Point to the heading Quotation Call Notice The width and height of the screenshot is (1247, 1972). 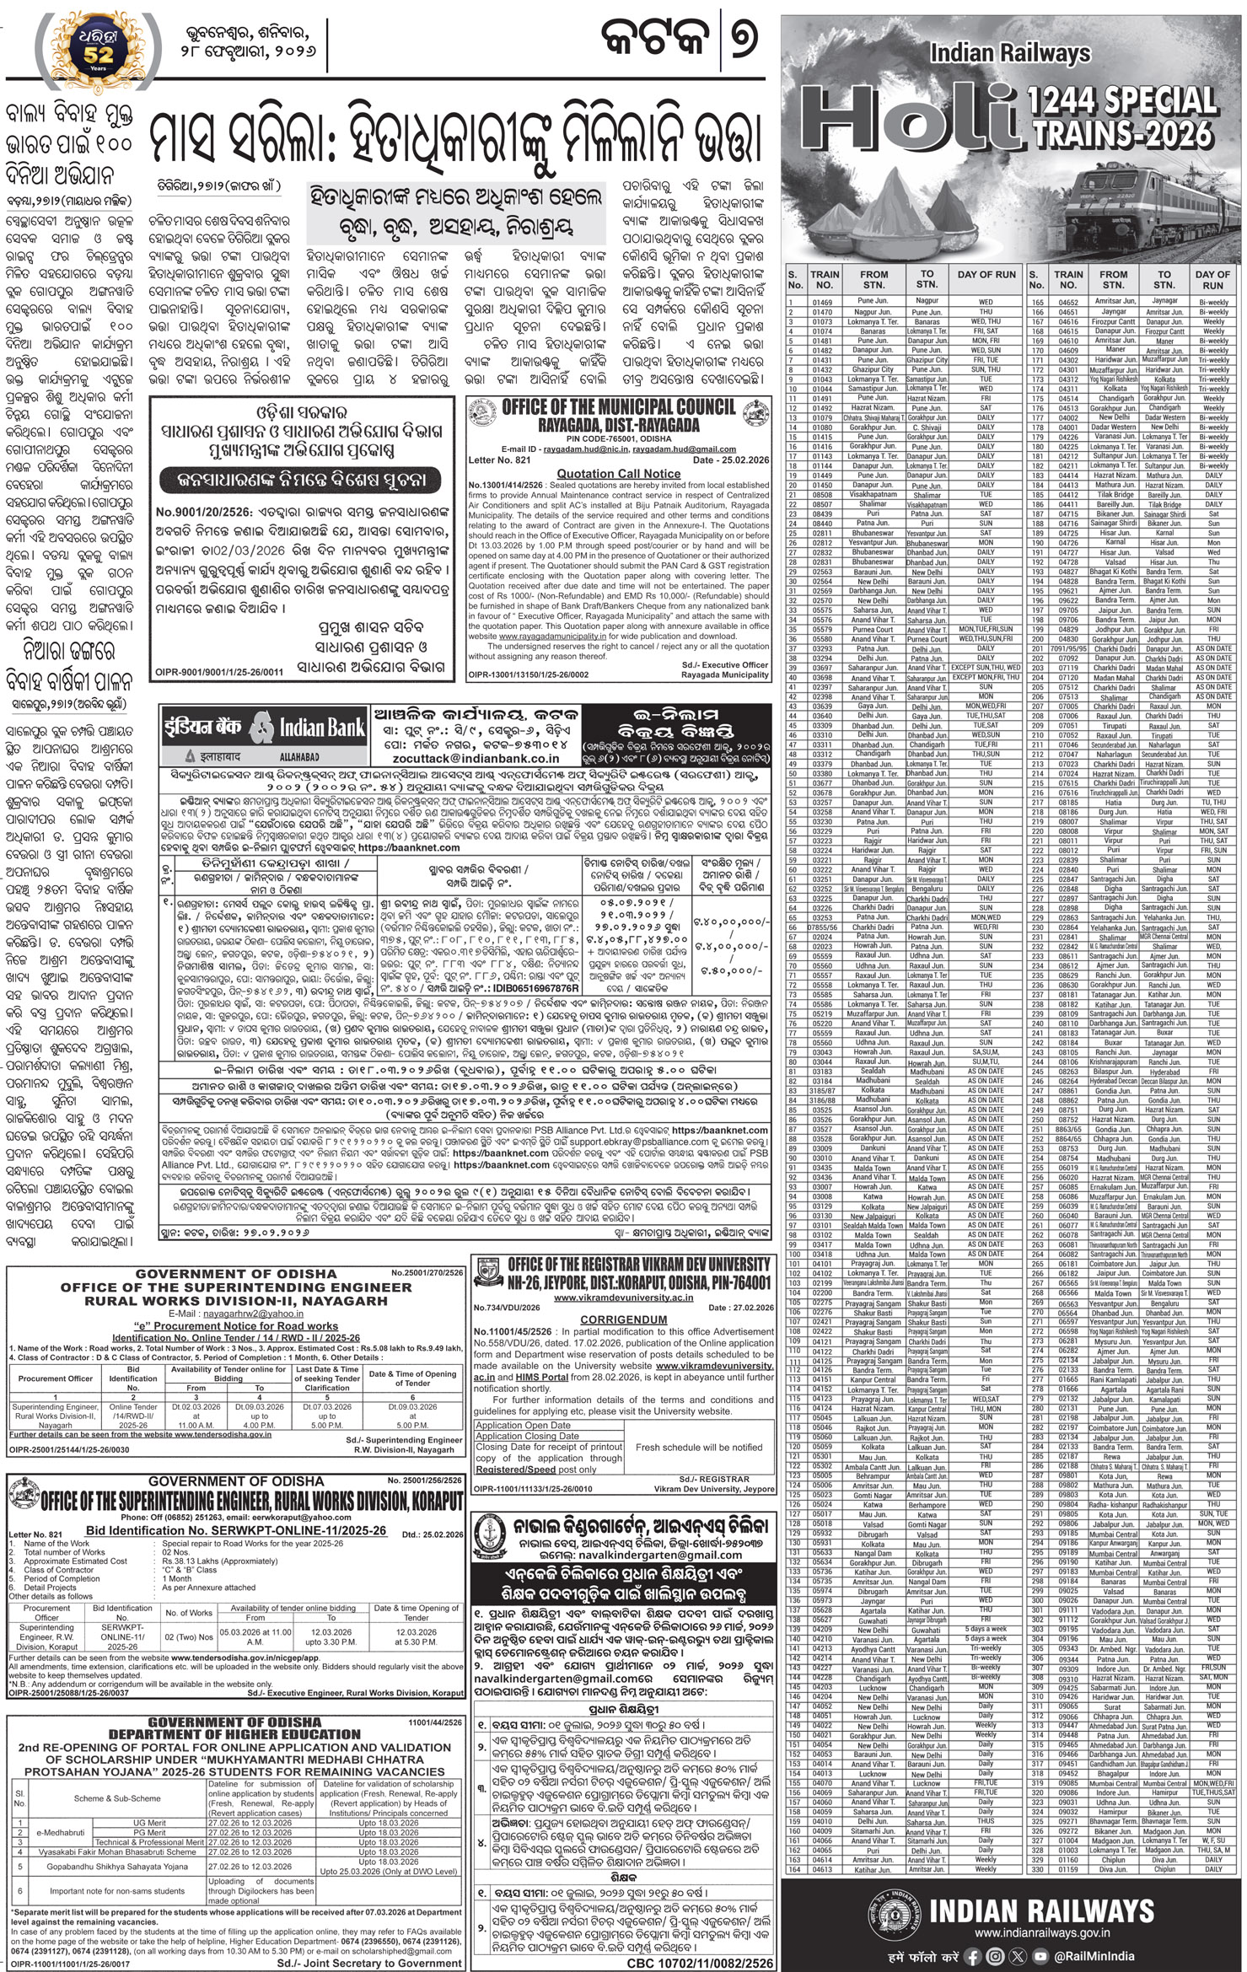pyautogui.click(x=618, y=474)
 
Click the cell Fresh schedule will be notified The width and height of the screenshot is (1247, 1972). pyautogui.click(x=699, y=1447)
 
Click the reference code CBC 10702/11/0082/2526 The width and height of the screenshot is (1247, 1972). pyautogui.click(x=703, y=1962)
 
